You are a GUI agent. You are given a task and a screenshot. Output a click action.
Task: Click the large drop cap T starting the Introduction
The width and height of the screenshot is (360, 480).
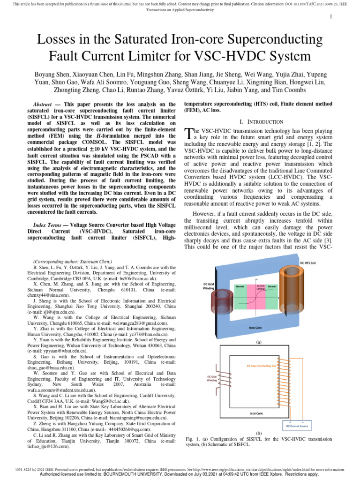tap(188, 135)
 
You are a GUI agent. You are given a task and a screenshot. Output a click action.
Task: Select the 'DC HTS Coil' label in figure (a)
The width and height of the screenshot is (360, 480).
tap(307, 263)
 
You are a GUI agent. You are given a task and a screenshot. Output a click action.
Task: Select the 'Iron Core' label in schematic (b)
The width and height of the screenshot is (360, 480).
tap(256, 413)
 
